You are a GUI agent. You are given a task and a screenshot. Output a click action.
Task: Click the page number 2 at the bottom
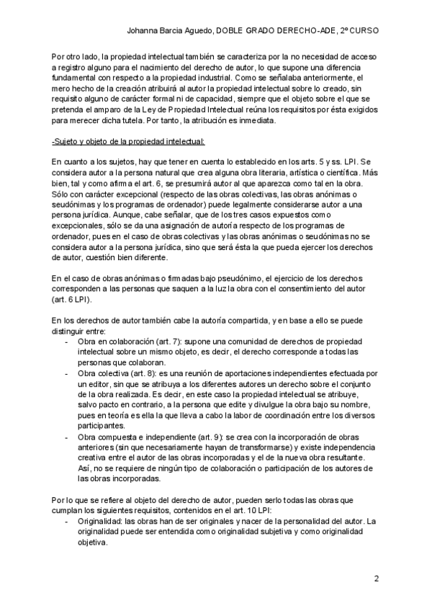tap(376, 579)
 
